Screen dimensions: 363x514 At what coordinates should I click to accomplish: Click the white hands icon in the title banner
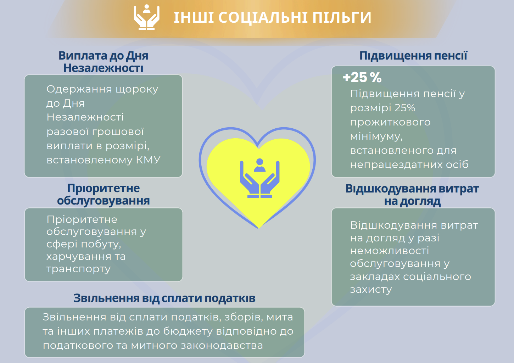pyautogui.click(x=146, y=17)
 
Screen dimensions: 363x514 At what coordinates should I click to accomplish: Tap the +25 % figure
pyautogui.click(x=362, y=77)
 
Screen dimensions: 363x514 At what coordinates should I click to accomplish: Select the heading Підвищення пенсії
pyautogui.click(x=413, y=56)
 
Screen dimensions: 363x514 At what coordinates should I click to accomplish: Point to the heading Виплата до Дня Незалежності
pyautogui.click(x=103, y=62)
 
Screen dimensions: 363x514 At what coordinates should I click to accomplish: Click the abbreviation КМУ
pyautogui.click(x=148, y=160)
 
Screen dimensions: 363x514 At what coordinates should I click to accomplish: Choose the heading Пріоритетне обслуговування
pyautogui.click(x=103, y=194)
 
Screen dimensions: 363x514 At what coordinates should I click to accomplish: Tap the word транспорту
pyautogui.click(x=78, y=269)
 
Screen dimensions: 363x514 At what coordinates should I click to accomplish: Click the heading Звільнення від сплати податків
pyautogui.click(x=164, y=298)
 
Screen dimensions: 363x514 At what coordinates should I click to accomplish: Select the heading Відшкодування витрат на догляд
pyautogui.click(x=412, y=195)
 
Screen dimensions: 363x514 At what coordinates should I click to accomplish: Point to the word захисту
pyautogui.click(x=371, y=290)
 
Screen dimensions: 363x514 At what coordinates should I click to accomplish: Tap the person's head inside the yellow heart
pyautogui.click(x=259, y=162)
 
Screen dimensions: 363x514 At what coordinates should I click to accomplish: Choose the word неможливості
pyautogui.click(x=389, y=251)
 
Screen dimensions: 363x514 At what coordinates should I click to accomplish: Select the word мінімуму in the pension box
pyautogui.click(x=376, y=136)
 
